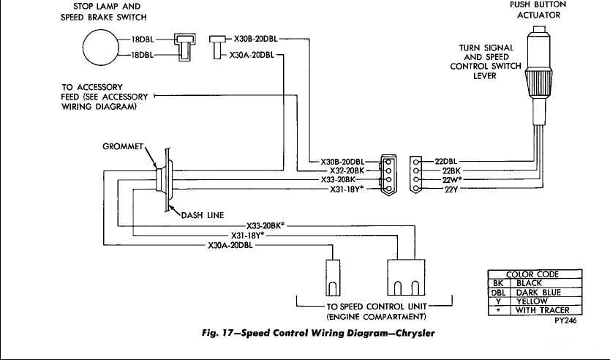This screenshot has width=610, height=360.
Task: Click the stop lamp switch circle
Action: point(102,50)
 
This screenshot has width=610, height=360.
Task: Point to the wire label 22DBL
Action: point(447,160)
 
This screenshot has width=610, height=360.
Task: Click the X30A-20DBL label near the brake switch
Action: point(252,54)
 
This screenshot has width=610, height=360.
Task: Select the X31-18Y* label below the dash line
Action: point(248,236)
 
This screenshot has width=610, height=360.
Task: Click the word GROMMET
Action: point(123,146)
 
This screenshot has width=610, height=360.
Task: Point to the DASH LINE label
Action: point(202,214)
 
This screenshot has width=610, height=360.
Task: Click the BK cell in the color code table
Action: point(497,283)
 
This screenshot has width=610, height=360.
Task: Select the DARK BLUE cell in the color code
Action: point(538,292)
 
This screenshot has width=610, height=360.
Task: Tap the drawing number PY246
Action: point(565,320)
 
